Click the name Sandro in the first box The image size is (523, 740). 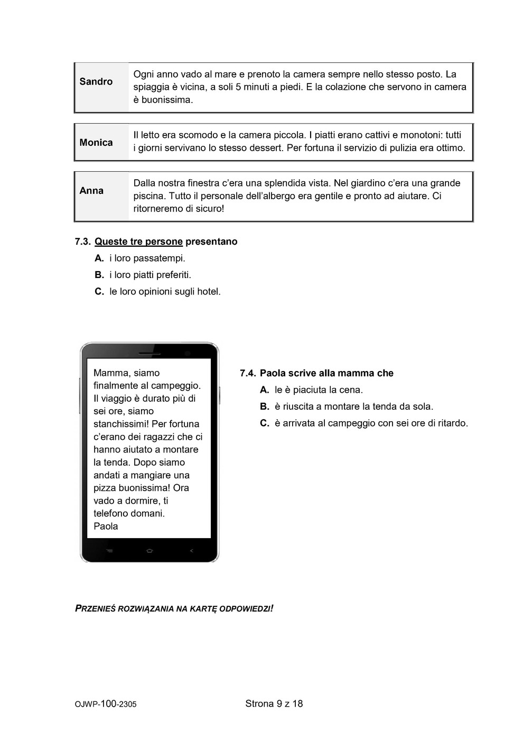96,81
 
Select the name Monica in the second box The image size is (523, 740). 96,143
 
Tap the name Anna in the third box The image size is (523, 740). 91,191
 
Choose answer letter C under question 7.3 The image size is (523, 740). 99,292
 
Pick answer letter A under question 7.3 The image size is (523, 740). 99,258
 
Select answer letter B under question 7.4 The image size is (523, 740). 265,407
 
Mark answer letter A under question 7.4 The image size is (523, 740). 265,390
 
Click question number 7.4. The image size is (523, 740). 248,374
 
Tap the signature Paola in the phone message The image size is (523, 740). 106,526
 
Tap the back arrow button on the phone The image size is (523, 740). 191,551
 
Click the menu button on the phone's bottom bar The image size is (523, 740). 109,551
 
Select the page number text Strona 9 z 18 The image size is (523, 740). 274,704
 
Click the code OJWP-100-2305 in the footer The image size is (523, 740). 106,704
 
